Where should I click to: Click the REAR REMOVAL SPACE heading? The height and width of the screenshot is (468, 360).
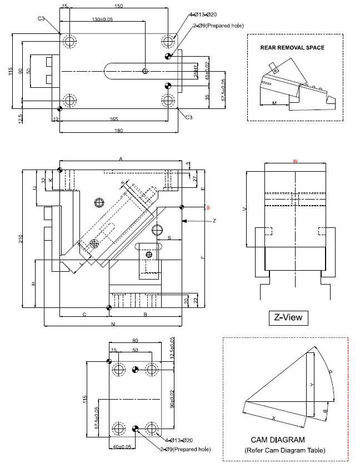click(x=292, y=48)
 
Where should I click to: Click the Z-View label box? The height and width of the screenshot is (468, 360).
click(x=288, y=317)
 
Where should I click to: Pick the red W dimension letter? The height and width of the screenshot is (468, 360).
click(x=295, y=161)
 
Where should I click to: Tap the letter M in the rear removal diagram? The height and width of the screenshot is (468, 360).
click(x=274, y=103)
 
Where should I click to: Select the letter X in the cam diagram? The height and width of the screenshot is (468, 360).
click(x=273, y=417)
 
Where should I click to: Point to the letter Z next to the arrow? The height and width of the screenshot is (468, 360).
click(x=214, y=221)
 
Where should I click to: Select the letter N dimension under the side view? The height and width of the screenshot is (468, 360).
click(x=112, y=323)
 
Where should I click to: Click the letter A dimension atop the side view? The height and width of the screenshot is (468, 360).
click(x=121, y=159)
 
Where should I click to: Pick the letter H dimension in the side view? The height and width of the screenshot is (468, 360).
click(x=33, y=283)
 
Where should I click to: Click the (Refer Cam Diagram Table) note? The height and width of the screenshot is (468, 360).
click(x=285, y=450)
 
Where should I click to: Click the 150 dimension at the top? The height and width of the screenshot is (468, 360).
click(x=118, y=6)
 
